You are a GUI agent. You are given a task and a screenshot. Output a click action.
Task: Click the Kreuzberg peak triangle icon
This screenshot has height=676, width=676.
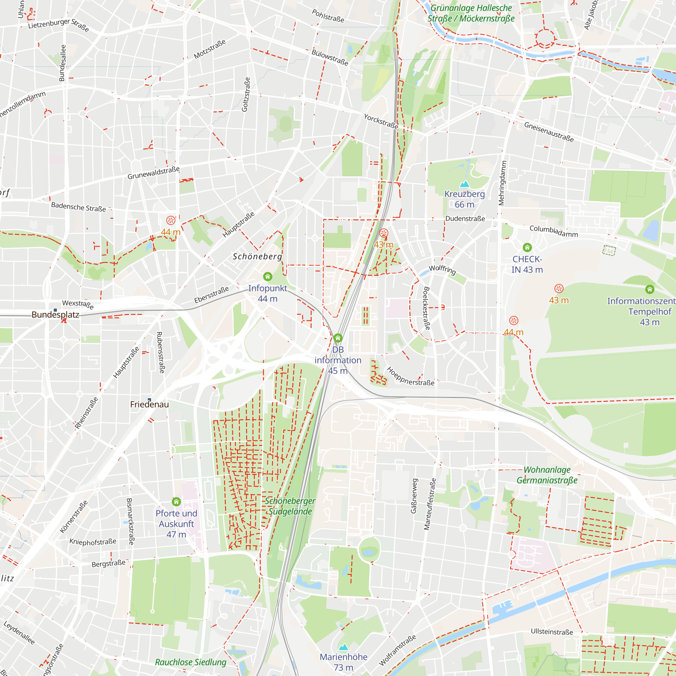click(464, 184)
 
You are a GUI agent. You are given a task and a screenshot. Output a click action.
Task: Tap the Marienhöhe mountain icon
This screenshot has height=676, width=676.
click(343, 647)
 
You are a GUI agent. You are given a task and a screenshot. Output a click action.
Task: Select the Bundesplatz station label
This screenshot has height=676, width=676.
click(55, 315)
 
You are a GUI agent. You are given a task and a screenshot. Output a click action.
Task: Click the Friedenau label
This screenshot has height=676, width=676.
click(149, 405)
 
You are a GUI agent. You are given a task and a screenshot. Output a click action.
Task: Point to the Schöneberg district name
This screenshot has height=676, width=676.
click(257, 257)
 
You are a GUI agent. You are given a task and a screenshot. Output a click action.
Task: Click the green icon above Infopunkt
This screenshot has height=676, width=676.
click(268, 277)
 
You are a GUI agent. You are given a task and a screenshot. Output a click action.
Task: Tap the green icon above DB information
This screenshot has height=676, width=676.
click(338, 338)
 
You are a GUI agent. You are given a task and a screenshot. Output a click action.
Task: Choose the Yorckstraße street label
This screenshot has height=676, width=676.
click(381, 121)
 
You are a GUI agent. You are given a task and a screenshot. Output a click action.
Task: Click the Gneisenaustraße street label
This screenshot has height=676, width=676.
click(549, 132)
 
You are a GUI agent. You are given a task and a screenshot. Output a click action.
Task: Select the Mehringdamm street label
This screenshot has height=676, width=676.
click(502, 183)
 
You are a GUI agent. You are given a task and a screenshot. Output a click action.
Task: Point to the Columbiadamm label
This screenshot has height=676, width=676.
click(554, 231)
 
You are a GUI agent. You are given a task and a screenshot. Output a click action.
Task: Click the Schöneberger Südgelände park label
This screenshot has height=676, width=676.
click(290, 506)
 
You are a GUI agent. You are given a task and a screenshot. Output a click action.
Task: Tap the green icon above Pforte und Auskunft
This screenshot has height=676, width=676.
click(176, 502)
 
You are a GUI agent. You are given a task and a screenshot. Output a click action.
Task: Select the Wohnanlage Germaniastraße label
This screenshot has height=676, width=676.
click(547, 475)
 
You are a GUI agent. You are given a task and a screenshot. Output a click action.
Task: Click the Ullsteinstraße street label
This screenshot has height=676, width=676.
click(552, 632)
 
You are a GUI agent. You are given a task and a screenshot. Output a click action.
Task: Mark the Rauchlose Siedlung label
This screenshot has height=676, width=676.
click(191, 662)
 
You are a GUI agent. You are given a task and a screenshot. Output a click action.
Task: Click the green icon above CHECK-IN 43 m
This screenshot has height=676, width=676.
click(527, 248)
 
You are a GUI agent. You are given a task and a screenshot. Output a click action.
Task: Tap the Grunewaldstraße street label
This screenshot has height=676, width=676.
click(153, 173)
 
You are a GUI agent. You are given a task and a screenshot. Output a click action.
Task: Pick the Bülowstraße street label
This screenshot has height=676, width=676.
click(330, 58)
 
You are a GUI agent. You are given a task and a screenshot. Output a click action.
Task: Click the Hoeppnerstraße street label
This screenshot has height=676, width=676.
click(411, 377)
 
